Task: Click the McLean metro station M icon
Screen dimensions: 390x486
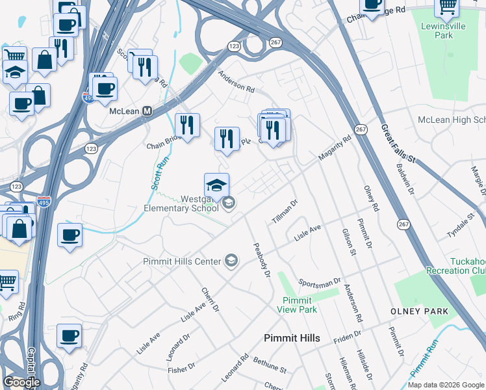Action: (147, 111)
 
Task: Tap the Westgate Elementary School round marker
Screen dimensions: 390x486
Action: (228, 204)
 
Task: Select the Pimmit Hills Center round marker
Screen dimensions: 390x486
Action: (231, 261)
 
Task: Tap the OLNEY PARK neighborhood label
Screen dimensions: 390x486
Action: (419, 311)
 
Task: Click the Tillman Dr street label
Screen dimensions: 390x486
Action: (285, 211)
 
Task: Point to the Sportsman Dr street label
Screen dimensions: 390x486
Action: (319, 282)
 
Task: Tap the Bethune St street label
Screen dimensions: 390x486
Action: (270, 365)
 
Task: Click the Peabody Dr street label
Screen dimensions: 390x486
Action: (261, 260)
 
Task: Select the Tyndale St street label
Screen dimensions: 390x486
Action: (462, 224)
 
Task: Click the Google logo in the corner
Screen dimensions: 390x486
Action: (21, 382)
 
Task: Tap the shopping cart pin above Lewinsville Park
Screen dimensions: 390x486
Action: (447, 6)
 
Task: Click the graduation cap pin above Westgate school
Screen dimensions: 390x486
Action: (216, 185)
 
